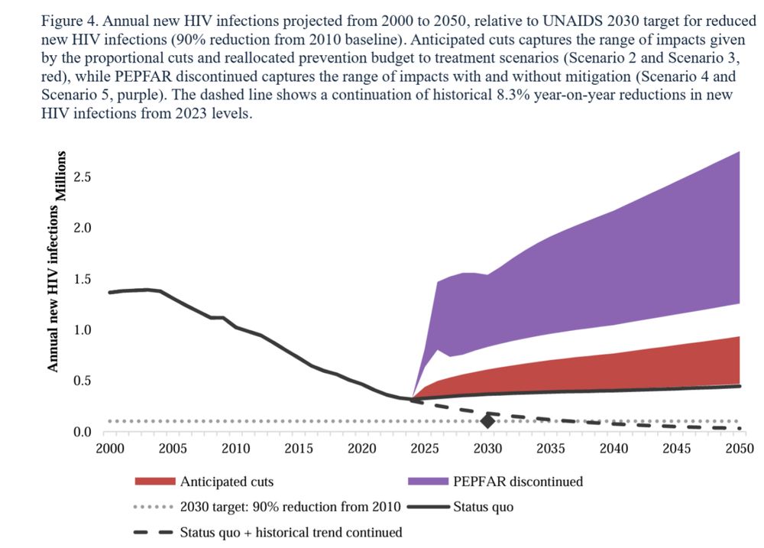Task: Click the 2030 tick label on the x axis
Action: coord(487,448)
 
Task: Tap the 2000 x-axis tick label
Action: coord(109,448)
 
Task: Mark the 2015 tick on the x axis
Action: coord(299,448)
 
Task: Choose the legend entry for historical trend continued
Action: coord(291,532)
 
